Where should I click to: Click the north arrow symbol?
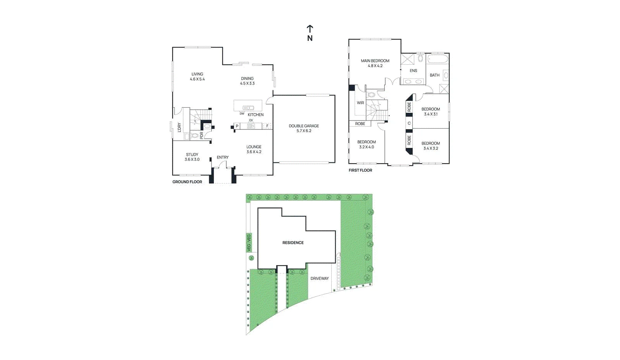[310, 29]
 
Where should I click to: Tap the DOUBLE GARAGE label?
[304, 126]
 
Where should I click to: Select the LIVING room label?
[197, 74]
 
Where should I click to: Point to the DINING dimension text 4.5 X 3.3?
[247, 83]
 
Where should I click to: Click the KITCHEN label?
[255, 115]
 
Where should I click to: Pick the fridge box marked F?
[267, 126]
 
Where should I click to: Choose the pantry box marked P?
[237, 126]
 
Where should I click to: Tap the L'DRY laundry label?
[179, 127]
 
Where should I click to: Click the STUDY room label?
[192, 155]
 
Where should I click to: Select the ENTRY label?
[222, 157]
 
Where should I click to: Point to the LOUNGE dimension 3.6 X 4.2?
[254, 152]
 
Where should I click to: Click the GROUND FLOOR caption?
[188, 182]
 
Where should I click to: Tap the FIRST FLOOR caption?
[360, 170]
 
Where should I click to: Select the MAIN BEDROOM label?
[375, 61]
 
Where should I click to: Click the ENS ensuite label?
[413, 71]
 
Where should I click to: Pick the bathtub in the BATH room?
[437, 59]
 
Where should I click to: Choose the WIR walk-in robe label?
[360, 103]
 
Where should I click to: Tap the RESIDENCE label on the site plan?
[293, 243]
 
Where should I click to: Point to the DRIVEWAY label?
[320, 278]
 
